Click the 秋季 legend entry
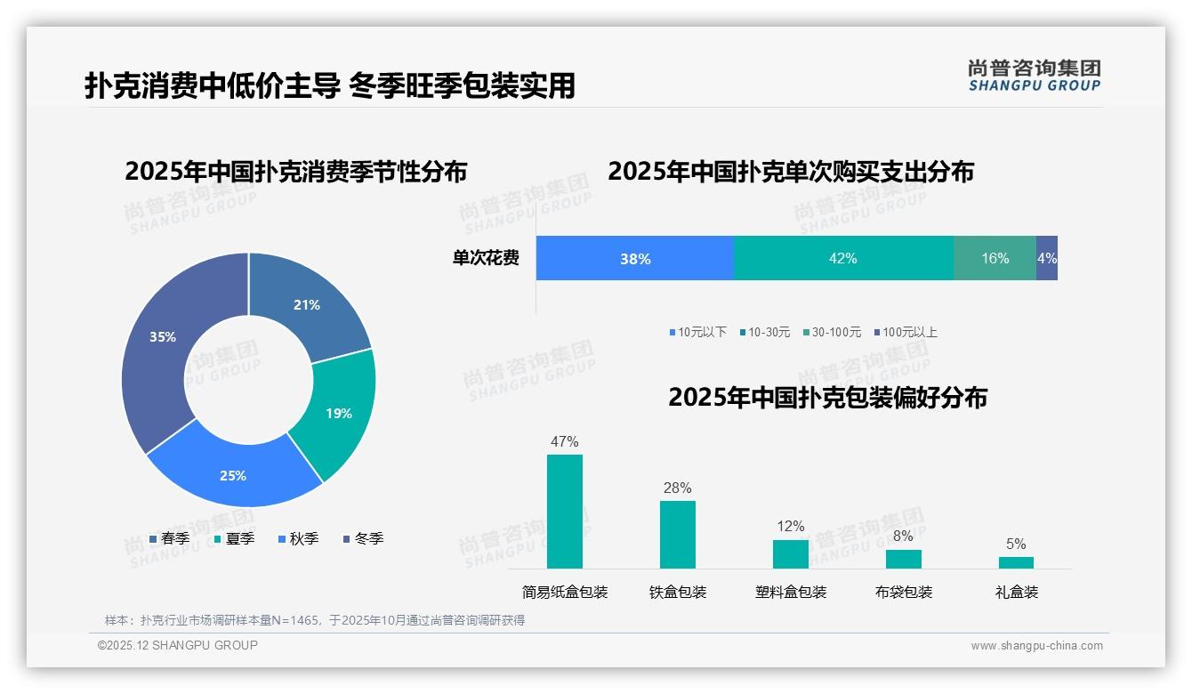pos(299,539)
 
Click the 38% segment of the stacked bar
pos(635,259)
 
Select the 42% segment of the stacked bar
pos(842,259)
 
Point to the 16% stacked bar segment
pos(995,259)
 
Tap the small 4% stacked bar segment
pos(1047,259)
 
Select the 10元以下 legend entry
pos(698,333)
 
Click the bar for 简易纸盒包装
pos(565,512)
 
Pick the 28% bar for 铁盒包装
pos(678,535)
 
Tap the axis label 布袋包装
pos(904,593)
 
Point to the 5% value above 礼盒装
pos(1016,545)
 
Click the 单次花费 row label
pos(486,259)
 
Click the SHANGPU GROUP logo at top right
pos(1035,76)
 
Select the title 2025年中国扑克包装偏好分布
pos(827,398)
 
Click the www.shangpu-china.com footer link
pos(1036,646)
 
